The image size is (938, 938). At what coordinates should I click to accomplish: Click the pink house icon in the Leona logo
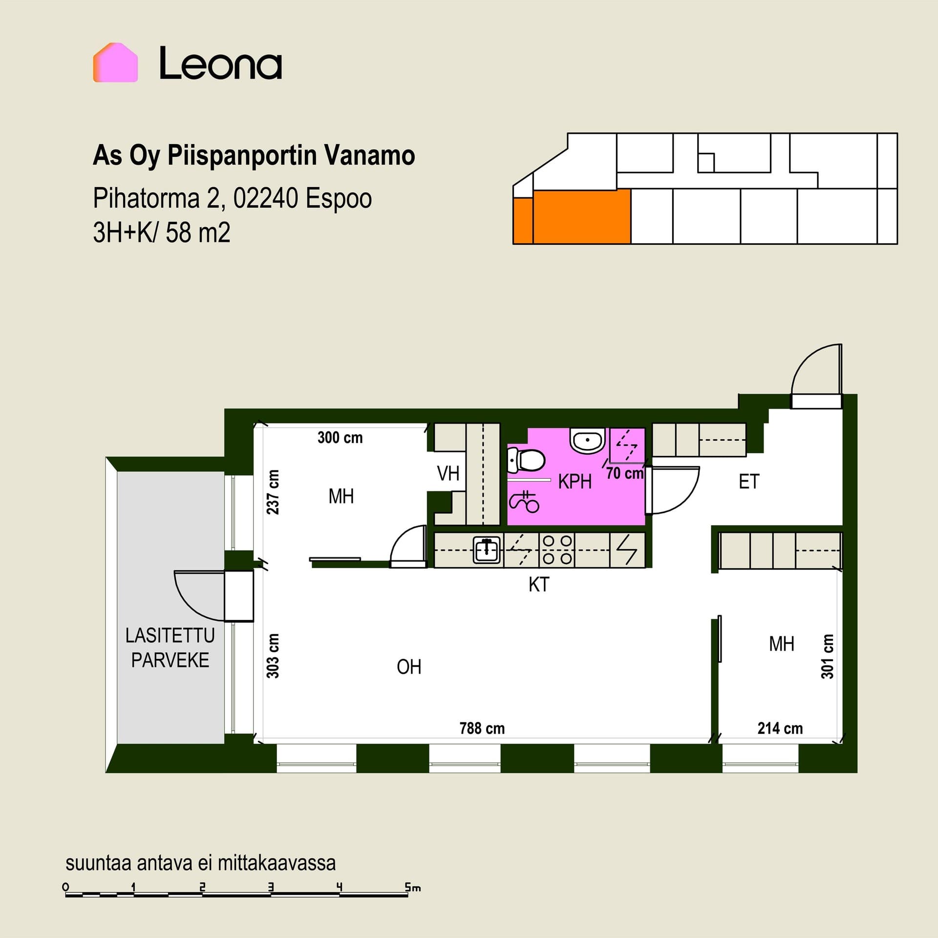(x=115, y=63)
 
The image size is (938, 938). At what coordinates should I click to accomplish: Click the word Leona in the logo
(x=221, y=63)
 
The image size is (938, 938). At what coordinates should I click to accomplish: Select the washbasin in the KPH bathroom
(x=588, y=441)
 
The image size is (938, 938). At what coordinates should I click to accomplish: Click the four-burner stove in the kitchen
(x=557, y=550)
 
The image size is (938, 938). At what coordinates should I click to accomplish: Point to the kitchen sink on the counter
(x=487, y=550)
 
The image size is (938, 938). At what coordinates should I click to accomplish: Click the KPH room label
(x=575, y=482)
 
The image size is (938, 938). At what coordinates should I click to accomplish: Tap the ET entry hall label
(x=749, y=482)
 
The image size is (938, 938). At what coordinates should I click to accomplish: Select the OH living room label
(x=409, y=667)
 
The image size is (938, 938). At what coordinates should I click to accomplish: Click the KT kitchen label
(x=539, y=584)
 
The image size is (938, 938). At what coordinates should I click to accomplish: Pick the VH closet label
(x=448, y=473)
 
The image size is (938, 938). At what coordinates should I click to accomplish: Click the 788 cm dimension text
(x=482, y=728)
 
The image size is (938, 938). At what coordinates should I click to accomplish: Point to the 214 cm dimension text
(x=780, y=728)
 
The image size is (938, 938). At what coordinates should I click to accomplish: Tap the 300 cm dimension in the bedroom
(x=340, y=438)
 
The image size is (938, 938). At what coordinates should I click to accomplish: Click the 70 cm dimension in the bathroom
(x=625, y=473)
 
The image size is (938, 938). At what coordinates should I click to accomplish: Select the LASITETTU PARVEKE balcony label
(x=170, y=648)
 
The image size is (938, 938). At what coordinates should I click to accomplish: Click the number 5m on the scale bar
(x=413, y=887)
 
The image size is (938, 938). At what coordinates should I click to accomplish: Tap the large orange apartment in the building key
(x=581, y=216)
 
